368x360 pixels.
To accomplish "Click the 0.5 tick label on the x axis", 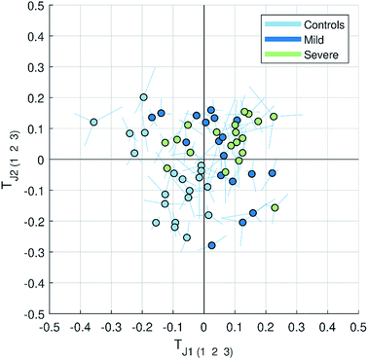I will (357, 328).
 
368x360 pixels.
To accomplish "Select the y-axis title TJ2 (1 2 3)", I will (10, 160).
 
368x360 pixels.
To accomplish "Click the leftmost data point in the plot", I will (93, 123).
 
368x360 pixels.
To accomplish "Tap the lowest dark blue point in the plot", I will (212, 245).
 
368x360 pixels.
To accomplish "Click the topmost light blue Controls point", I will (143, 97).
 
